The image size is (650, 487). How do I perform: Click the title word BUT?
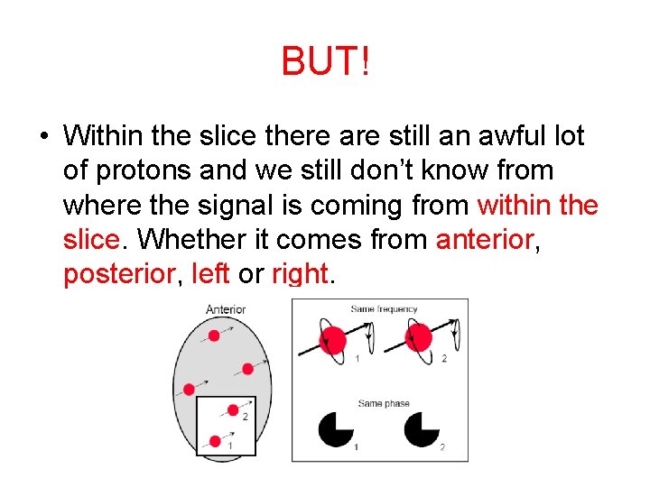click(325, 62)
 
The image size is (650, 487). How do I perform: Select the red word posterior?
click(117, 274)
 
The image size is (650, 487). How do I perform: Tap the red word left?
click(210, 274)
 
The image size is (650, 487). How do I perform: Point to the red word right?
click(299, 274)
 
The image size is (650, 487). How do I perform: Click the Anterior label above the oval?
click(226, 309)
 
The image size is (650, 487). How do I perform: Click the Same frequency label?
click(384, 309)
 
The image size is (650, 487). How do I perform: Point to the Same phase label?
click(384, 403)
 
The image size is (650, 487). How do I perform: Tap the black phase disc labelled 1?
click(336, 429)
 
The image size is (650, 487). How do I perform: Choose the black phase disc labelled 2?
click(422, 429)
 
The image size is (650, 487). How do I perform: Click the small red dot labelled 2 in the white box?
click(233, 410)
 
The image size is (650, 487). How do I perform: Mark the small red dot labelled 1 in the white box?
click(215, 441)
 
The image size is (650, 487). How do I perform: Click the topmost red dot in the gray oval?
click(214, 335)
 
